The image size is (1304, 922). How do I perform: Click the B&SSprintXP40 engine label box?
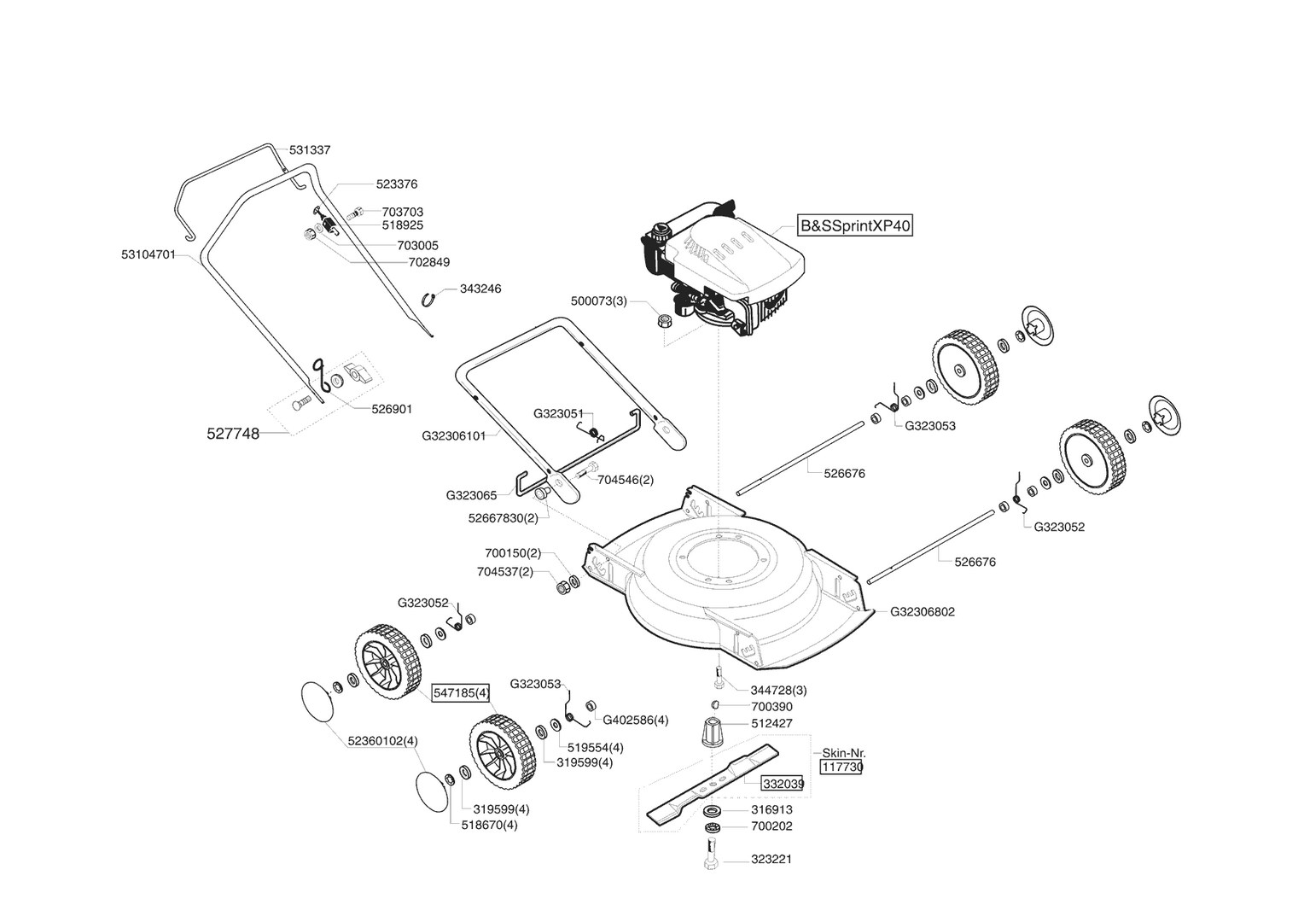pyautogui.click(x=854, y=226)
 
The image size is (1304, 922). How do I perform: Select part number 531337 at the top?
pyautogui.click(x=310, y=149)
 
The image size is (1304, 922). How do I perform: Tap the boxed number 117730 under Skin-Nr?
pyautogui.click(x=841, y=767)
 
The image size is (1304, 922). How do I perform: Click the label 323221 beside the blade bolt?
pyautogui.click(x=771, y=859)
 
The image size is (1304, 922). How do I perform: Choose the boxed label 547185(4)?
pyautogui.click(x=461, y=692)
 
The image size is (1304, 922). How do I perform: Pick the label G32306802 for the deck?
pyautogui.click(x=923, y=611)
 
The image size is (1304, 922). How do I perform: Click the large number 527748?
pyautogui.click(x=233, y=434)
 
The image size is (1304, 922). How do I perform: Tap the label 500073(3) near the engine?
pyautogui.click(x=598, y=301)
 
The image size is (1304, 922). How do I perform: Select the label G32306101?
pyautogui.click(x=453, y=435)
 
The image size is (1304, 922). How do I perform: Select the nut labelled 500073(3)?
pyautogui.click(x=665, y=322)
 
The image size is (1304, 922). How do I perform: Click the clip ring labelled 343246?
pyautogui.click(x=431, y=297)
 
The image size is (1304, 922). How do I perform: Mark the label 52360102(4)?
pyautogui.click(x=383, y=740)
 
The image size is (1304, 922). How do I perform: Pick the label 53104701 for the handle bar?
pyautogui.click(x=148, y=254)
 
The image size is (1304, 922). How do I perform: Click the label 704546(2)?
pyautogui.click(x=626, y=480)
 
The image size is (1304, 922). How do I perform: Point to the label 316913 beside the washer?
pyautogui.click(x=771, y=809)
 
